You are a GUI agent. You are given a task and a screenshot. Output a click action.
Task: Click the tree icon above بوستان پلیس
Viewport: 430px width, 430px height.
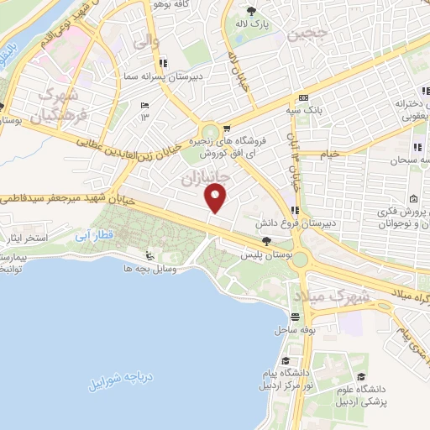tap(267, 240)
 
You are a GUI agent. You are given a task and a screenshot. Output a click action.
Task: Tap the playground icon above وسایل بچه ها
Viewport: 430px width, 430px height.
tap(149, 255)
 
